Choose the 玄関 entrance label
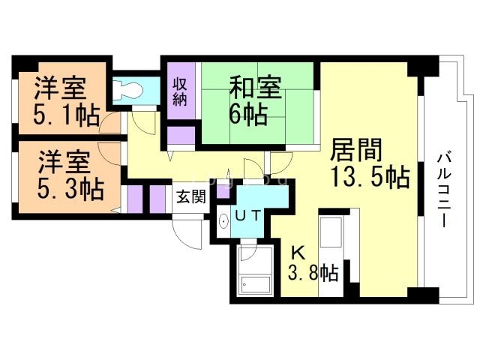[x=190, y=197]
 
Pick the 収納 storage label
[x=180, y=92]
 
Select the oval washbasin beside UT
[x=223, y=223]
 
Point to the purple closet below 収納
[x=180, y=136]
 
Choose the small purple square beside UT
[x=223, y=190]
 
